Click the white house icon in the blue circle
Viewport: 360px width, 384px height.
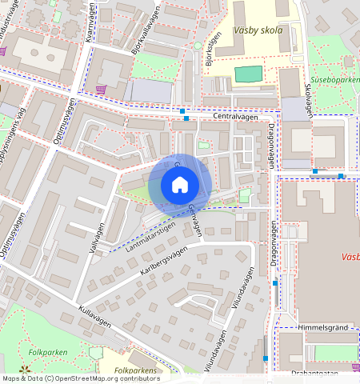(180, 185)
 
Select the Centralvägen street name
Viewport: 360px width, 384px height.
(236, 117)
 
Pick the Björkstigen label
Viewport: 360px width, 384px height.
(211, 50)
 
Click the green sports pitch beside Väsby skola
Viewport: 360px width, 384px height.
(248, 74)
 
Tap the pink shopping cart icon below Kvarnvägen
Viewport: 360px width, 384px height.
(101, 89)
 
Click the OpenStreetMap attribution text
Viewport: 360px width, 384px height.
(80, 378)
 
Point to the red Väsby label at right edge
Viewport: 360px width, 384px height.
(349, 258)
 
